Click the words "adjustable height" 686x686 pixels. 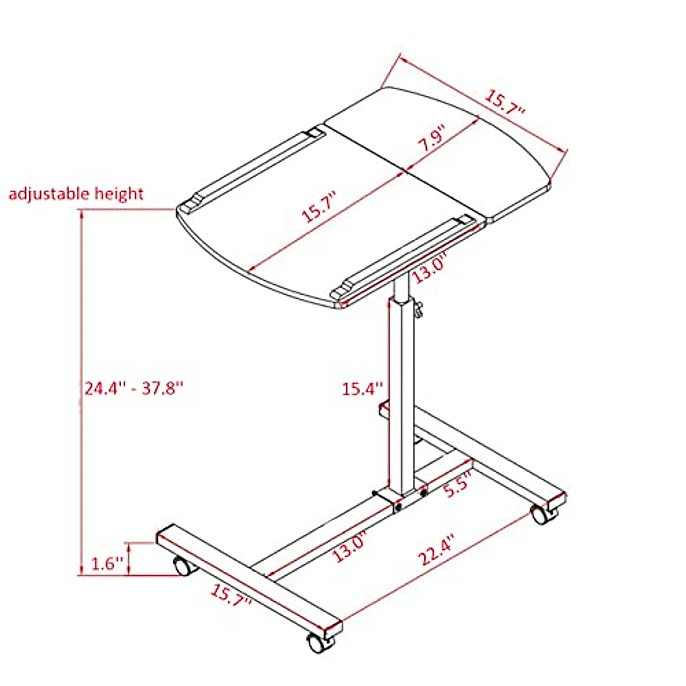(x=75, y=194)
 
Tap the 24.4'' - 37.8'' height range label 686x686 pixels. (x=134, y=389)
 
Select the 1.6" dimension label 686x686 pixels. (x=108, y=564)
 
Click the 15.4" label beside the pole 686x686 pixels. (x=361, y=389)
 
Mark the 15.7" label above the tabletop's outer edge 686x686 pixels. (x=505, y=103)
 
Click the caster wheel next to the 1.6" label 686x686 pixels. (x=182, y=566)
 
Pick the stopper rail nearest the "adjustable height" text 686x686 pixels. (x=252, y=169)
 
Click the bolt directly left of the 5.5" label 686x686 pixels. (x=424, y=490)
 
